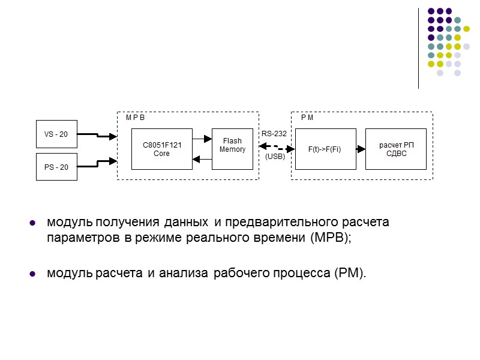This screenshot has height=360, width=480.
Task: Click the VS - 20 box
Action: click(56, 134)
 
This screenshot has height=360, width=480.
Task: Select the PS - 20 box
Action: click(56, 166)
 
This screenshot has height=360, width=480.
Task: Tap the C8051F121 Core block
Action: click(161, 149)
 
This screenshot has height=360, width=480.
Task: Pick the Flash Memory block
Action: click(232, 149)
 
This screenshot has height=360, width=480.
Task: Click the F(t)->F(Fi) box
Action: click(325, 149)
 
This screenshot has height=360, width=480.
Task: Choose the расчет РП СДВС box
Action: click(396, 149)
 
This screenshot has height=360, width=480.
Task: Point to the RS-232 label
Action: click(273, 134)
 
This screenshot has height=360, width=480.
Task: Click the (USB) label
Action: click(275, 157)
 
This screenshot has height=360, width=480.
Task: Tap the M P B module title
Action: click(135, 118)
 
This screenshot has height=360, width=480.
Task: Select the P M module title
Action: click(307, 118)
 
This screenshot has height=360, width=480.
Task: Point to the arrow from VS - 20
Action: click(97, 136)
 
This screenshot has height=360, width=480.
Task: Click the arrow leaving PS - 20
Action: click(97, 161)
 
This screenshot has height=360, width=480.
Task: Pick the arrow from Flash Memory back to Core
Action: click(202, 159)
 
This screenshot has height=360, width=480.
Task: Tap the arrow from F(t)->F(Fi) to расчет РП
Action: click(361, 149)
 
